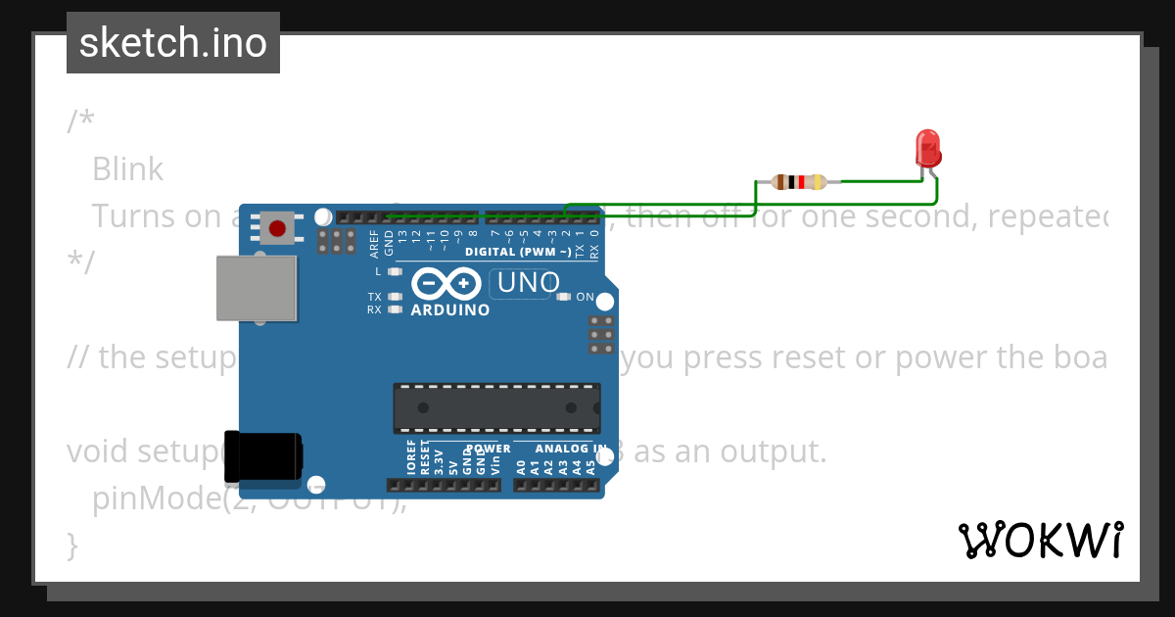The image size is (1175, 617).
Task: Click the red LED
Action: point(927,149)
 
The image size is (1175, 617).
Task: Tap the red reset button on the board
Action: point(277,229)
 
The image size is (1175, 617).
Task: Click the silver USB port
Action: point(256,289)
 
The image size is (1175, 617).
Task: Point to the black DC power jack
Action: point(262,457)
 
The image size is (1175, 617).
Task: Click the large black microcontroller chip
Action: point(496,407)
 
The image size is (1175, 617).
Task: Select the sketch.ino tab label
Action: point(173,43)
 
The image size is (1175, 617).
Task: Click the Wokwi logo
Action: point(1040,540)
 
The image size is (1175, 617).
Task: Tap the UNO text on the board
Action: point(528,283)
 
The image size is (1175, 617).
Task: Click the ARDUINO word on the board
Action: point(449,310)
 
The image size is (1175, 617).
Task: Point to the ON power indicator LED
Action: point(563,297)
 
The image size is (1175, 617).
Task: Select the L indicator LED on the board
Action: point(395,271)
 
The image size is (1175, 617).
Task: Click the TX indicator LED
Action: point(395,296)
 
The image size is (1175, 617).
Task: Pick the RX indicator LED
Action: point(395,309)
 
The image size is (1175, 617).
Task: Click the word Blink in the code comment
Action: point(127,169)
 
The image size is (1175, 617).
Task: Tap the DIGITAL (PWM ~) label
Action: point(518,252)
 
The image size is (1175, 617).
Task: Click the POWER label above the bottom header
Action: point(488,449)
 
